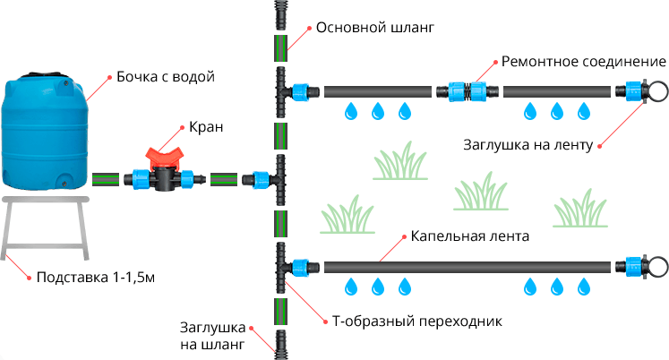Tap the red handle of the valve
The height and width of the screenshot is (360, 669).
point(166,158)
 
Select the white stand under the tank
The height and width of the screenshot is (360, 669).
point(46,224)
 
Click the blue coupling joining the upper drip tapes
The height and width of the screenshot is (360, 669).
point(467,90)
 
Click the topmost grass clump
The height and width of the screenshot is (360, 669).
point(399,161)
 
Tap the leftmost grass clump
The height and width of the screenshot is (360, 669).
point(347,216)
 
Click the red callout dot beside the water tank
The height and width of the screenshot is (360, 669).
point(110,78)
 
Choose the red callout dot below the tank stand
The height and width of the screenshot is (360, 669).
point(30,278)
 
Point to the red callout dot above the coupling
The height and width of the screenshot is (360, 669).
point(495,62)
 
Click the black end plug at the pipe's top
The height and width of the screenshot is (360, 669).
point(280,14)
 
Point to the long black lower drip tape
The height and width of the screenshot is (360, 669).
point(466,267)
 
